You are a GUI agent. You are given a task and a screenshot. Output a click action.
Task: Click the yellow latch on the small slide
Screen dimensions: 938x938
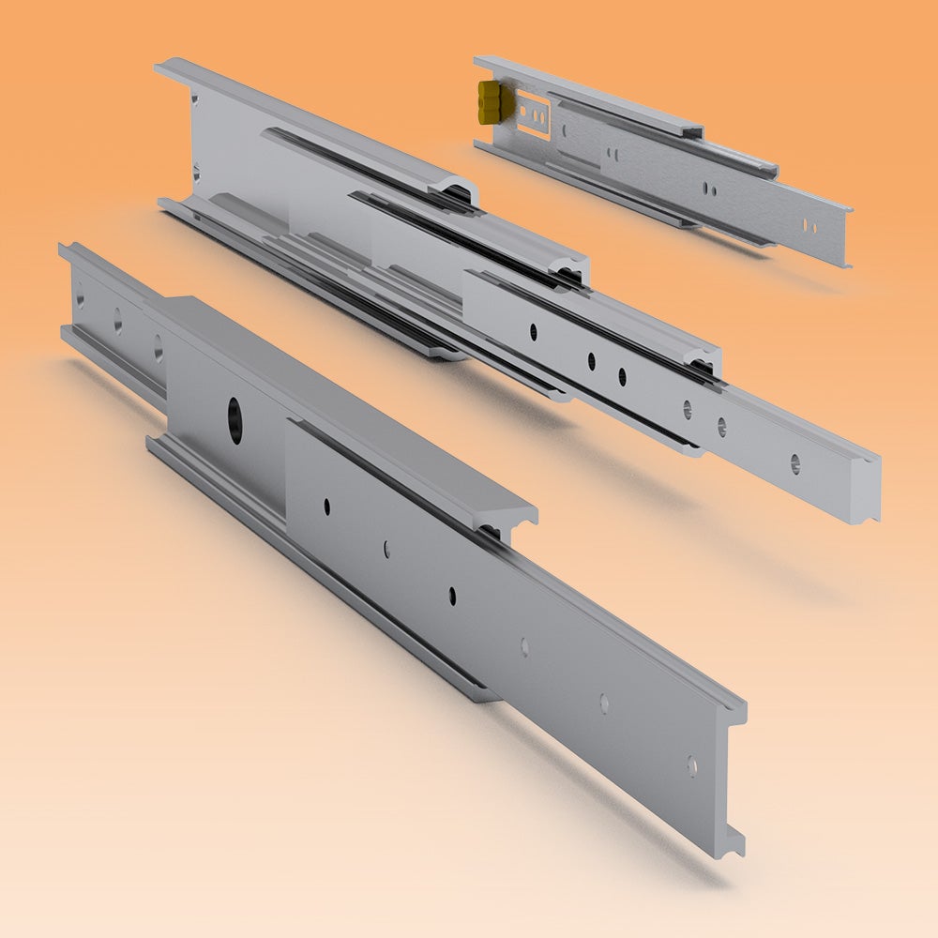click(490, 101)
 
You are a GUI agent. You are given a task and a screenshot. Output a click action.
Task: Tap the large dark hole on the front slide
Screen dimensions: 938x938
click(233, 414)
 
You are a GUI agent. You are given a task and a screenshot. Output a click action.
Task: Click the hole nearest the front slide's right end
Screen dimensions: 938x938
click(692, 765)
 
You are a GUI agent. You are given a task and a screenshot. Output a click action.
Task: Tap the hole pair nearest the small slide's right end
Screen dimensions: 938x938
click(809, 226)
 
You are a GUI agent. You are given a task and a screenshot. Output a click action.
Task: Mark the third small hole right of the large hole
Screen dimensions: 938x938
click(451, 595)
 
